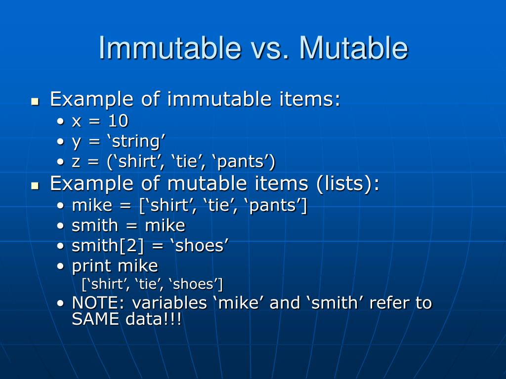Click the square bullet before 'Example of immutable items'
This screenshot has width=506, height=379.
click(35, 102)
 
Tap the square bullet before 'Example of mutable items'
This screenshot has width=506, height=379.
click(35, 186)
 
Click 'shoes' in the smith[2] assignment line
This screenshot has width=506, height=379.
click(202, 246)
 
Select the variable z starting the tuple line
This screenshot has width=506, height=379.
click(76, 162)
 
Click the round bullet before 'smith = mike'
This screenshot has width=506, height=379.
click(60, 226)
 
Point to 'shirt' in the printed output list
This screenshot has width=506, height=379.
click(105, 284)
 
